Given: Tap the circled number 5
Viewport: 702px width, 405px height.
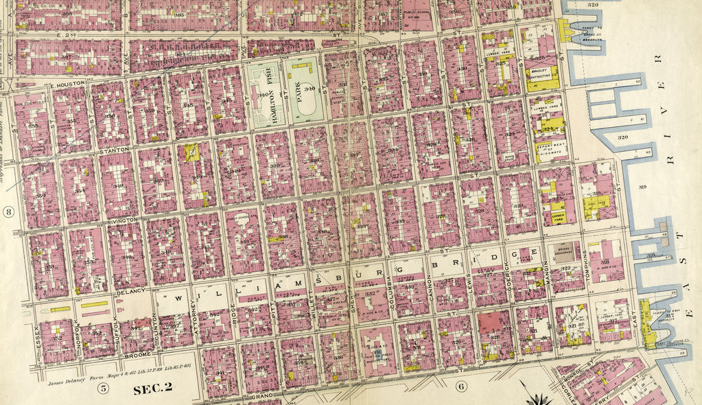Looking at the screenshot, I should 103,389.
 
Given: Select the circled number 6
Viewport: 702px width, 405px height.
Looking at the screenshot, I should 460,386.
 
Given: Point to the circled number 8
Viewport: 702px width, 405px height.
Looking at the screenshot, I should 8,211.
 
